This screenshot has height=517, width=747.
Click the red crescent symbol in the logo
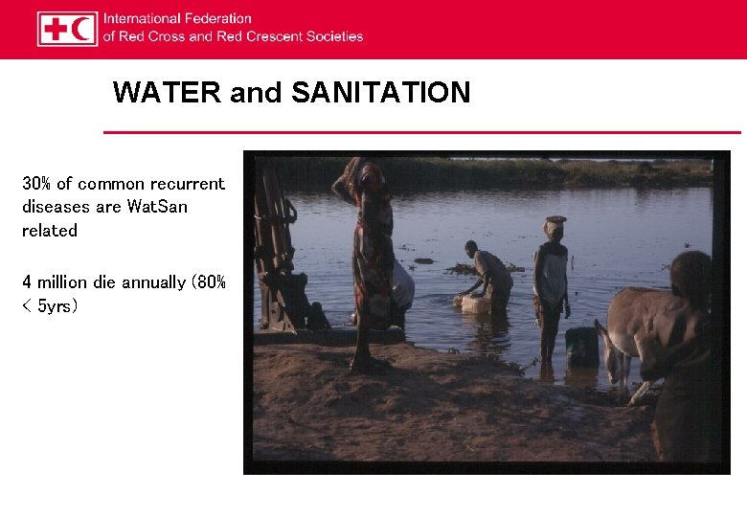tap(82, 29)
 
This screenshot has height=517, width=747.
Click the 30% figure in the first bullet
tap(36, 183)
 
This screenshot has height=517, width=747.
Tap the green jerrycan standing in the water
tap(580, 345)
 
